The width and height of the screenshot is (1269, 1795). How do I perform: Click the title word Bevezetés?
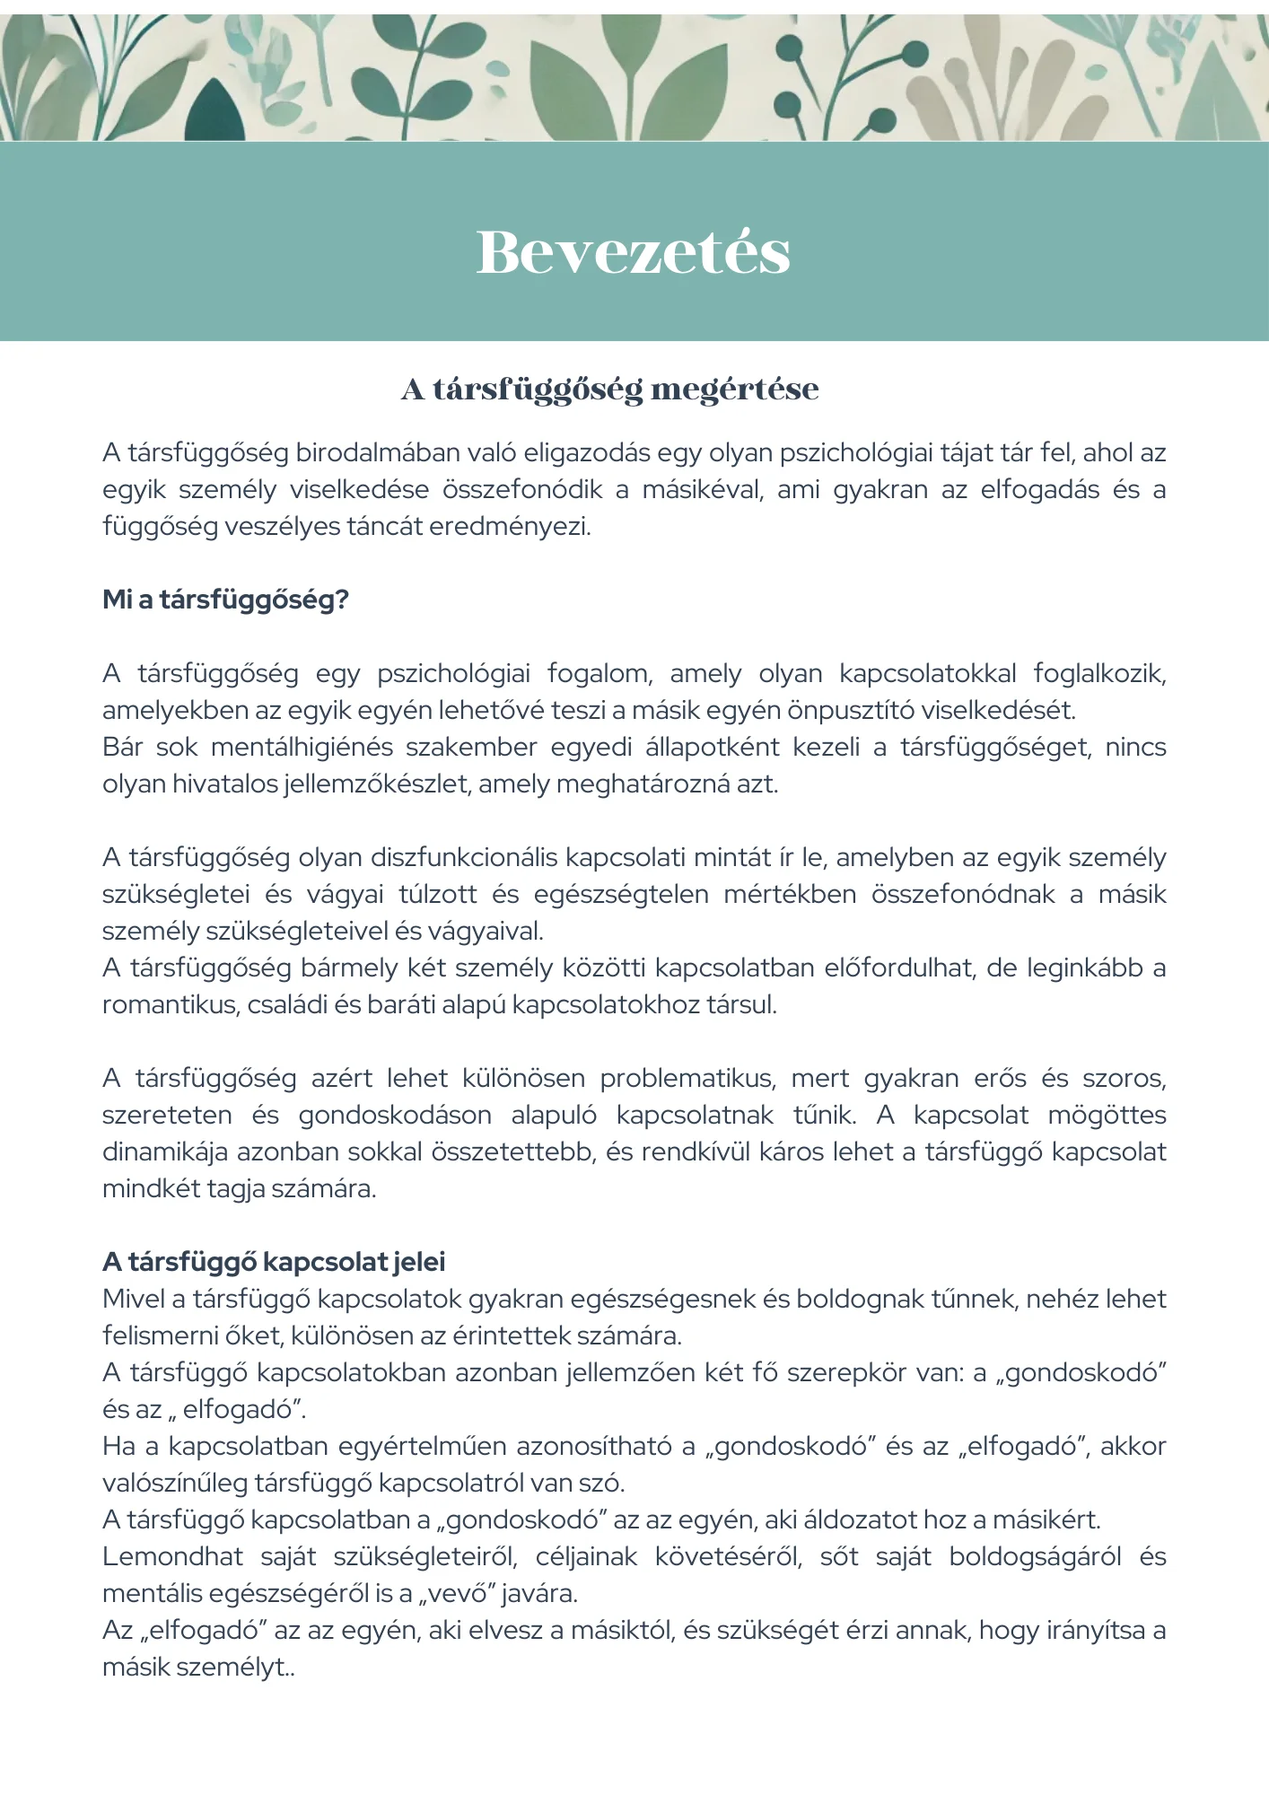(x=633, y=252)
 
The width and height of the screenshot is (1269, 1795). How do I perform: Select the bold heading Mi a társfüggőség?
(x=225, y=600)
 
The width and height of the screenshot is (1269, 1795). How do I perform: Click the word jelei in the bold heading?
(x=418, y=1262)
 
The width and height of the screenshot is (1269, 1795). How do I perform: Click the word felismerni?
(x=158, y=1335)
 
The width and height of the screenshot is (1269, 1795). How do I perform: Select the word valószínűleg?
(x=174, y=1483)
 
